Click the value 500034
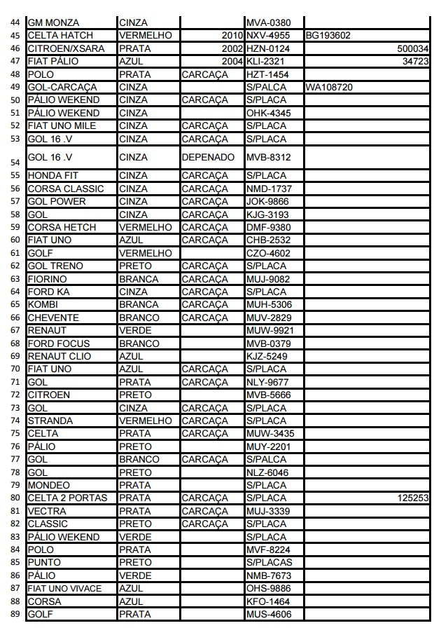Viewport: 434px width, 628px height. tap(412, 48)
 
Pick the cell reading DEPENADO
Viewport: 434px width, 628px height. tap(208, 158)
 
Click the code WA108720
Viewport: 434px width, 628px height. tap(328, 88)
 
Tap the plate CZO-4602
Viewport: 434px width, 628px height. tap(268, 253)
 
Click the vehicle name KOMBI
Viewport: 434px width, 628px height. tap(43, 305)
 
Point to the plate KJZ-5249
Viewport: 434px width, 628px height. tap(267, 356)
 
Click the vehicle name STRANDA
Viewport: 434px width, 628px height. tap(51, 421)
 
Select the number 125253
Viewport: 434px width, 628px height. tap(412, 498)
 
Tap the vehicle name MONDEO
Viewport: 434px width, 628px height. tap(49, 485)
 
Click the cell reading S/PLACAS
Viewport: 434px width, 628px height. tap(269, 563)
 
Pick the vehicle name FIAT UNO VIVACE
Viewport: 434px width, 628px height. tap(64, 589)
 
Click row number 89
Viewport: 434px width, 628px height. tap(15, 615)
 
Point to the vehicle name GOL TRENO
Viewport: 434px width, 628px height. tap(55, 266)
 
